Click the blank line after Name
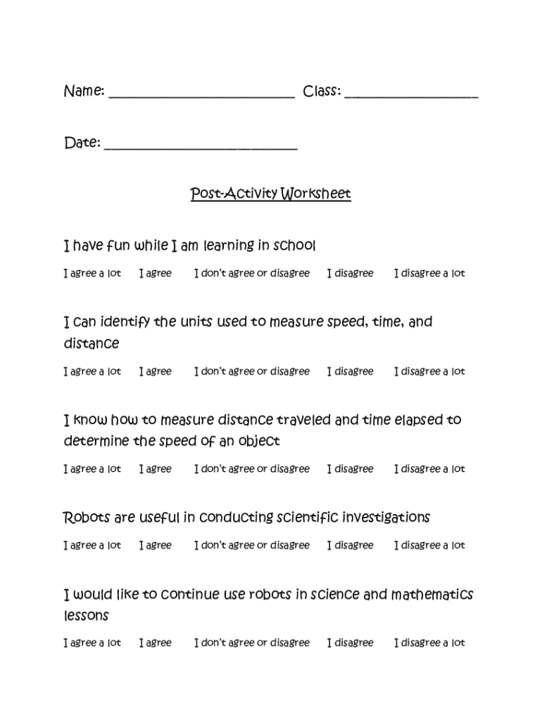tap(201, 96)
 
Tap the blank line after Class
tap(411, 96)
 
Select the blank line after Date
tap(201, 147)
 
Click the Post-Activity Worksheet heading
tap(270, 193)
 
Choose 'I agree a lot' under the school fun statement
tap(92, 274)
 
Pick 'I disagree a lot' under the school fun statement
tap(429, 274)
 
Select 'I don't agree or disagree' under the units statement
tap(252, 371)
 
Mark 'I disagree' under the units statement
tap(351, 371)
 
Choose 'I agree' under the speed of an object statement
tap(156, 469)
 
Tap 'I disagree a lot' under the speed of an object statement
tap(429, 469)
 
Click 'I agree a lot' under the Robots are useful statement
tap(92, 545)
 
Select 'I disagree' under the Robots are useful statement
tap(351, 545)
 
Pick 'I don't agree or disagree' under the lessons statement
tap(252, 643)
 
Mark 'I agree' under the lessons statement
tap(156, 643)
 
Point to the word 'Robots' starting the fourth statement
tap(87, 518)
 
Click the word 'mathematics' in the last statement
tap(432, 595)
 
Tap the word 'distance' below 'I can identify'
tap(92, 344)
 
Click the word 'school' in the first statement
tap(295, 246)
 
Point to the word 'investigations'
tap(386, 518)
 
